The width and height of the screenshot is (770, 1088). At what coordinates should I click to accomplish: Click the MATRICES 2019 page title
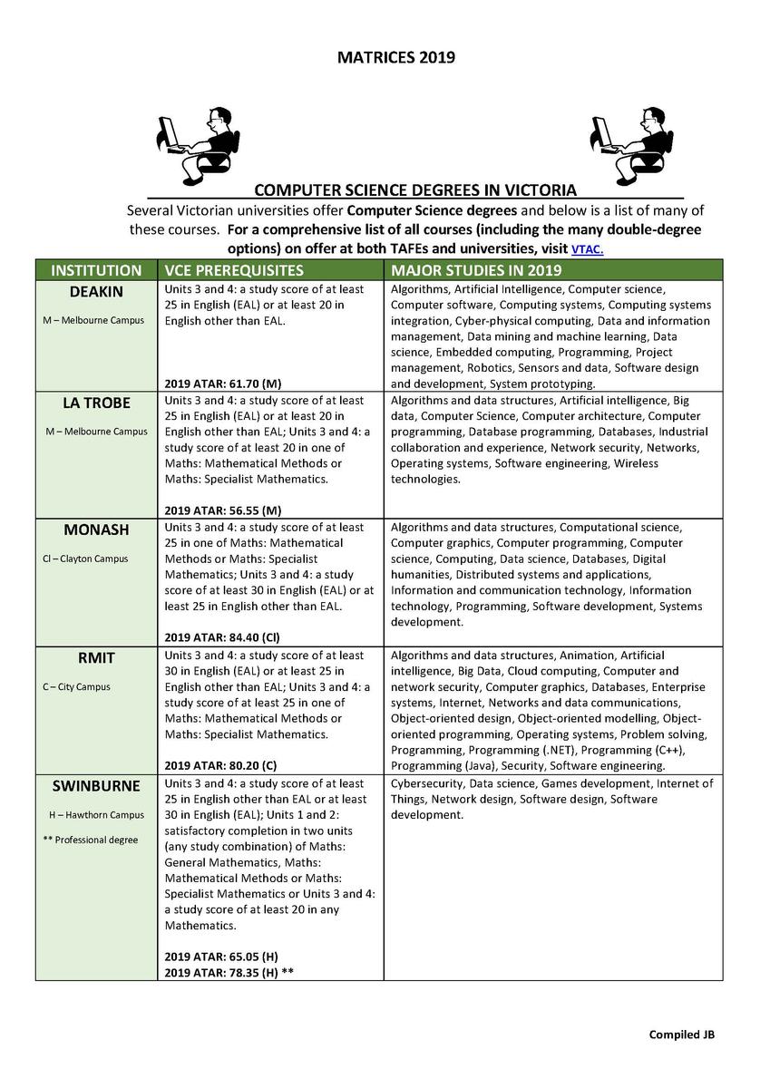[395, 58]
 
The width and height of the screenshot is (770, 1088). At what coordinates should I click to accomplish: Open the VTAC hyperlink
[587, 249]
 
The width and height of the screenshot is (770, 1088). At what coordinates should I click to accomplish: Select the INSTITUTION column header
[96, 270]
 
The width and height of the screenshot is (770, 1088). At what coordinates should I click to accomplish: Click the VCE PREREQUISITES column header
[234, 270]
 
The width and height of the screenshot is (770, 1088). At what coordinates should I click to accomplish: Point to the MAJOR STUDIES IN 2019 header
[476, 270]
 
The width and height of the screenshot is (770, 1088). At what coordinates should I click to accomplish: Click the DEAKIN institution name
[96, 291]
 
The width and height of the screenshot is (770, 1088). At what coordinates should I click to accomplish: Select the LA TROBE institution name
[96, 403]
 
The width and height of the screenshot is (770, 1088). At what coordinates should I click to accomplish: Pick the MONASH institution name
[96, 529]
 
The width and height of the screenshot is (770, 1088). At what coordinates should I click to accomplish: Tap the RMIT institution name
[96, 657]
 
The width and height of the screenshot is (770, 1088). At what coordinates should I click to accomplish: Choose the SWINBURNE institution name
[96, 785]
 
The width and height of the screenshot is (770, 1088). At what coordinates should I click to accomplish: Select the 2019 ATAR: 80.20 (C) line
[221, 765]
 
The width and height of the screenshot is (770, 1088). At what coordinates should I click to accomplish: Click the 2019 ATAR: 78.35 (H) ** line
[229, 972]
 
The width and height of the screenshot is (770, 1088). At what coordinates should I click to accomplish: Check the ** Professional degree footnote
[91, 840]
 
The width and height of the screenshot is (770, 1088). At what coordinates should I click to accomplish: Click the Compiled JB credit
[681, 1035]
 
